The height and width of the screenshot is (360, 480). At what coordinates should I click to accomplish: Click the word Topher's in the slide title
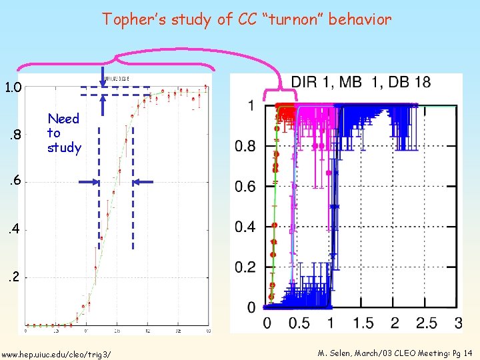(x=133, y=19)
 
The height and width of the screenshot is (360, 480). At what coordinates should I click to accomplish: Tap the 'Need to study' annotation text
(x=63, y=133)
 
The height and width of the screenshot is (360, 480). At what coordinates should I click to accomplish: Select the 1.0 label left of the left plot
(x=13, y=87)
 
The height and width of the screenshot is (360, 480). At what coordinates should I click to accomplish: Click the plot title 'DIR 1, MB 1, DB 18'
(x=361, y=83)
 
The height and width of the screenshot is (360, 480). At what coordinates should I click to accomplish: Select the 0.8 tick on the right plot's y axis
(x=245, y=146)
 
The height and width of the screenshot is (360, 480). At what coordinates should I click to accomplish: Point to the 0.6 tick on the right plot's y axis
(x=245, y=187)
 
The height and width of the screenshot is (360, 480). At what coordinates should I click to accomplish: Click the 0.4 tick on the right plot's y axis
(x=245, y=227)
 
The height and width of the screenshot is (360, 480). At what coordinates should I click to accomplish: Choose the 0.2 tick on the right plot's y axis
(x=245, y=267)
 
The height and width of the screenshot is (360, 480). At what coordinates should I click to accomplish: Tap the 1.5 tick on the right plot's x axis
(x=363, y=323)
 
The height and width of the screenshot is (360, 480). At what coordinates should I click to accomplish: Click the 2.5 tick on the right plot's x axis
(x=427, y=323)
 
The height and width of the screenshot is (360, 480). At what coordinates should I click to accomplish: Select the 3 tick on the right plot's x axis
(x=457, y=323)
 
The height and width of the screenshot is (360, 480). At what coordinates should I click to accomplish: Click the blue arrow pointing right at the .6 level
(x=88, y=182)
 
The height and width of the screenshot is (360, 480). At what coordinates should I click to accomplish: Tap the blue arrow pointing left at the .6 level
(x=143, y=182)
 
